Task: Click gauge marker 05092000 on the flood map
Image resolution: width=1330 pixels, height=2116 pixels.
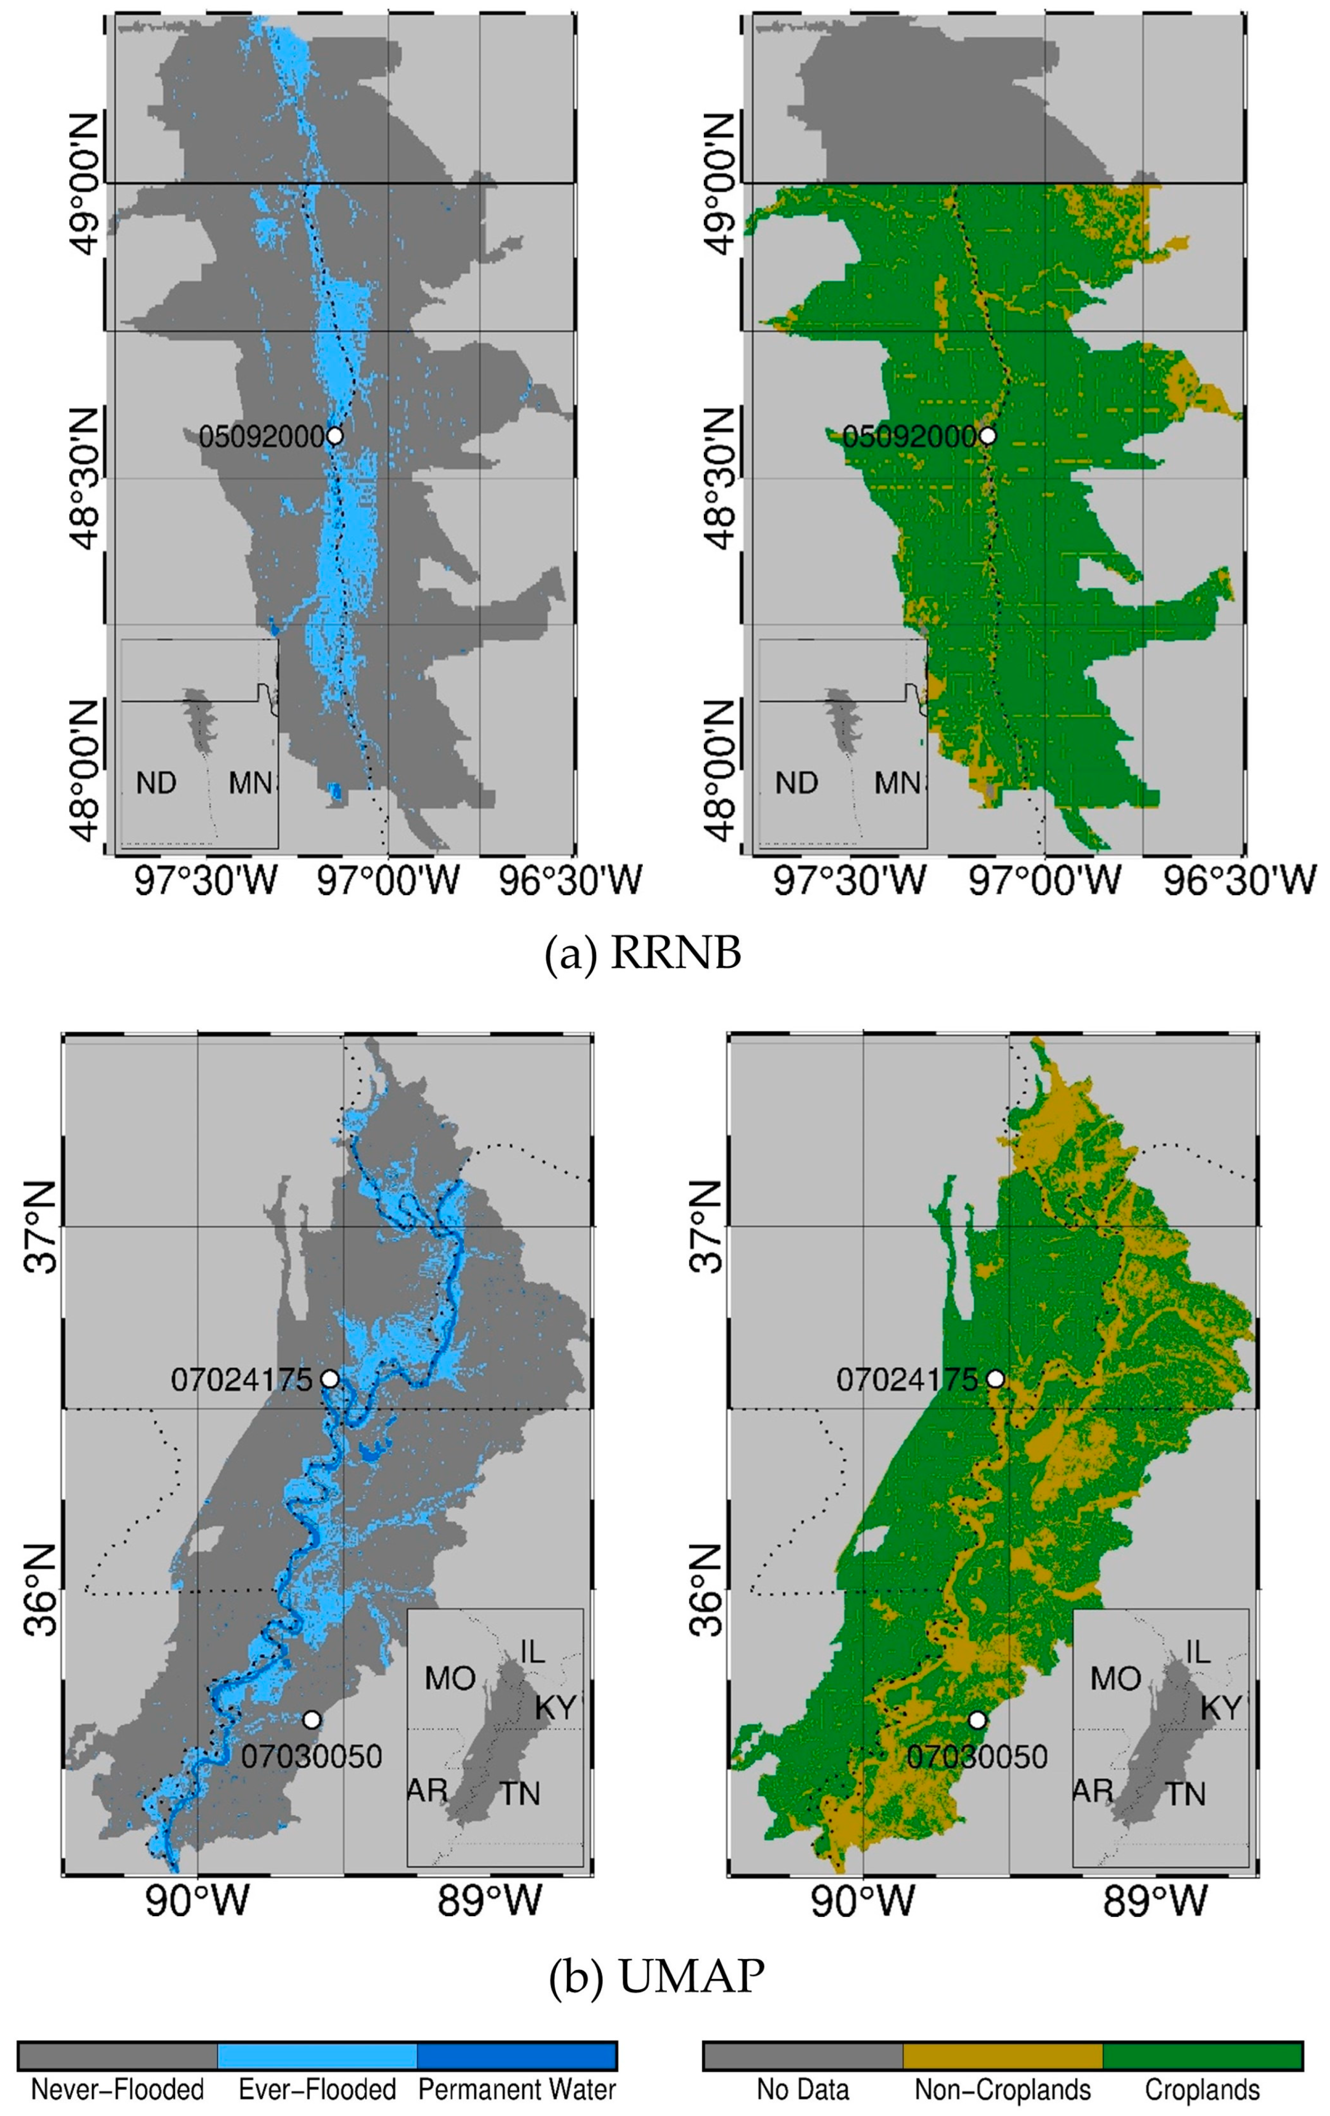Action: pyautogui.click(x=334, y=435)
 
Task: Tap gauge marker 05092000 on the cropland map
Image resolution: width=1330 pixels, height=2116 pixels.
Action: pyautogui.click(x=988, y=435)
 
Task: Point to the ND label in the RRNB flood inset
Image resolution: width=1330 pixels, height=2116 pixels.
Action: pyautogui.click(x=157, y=782)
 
